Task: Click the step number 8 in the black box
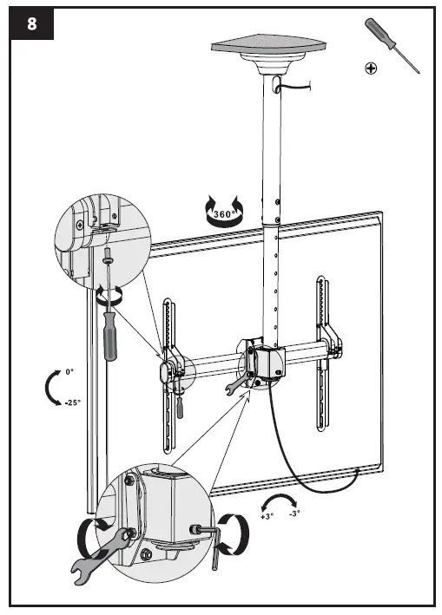(31, 23)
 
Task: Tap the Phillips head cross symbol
(371, 67)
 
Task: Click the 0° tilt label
(69, 372)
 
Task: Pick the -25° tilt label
(72, 402)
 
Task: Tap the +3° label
(267, 515)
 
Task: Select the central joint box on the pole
(264, 359)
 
